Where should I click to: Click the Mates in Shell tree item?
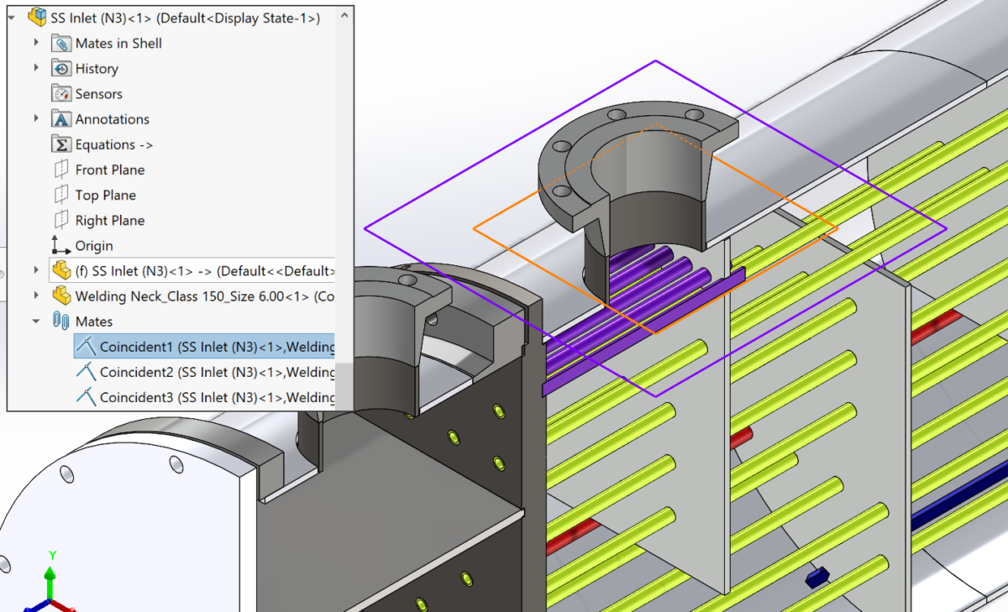click(x=118, y=44)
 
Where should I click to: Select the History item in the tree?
click(x=96, y=69)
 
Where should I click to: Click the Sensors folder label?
click(x=98, y=94)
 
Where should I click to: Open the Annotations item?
click(x=112, y=119)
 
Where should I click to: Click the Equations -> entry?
click(x=113, y=144)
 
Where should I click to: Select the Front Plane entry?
click(x=109, y=170)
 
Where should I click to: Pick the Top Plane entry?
click(x=105, y=195)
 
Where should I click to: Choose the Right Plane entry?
click(x=109, y=220)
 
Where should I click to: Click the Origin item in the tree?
click(x=93, y=246)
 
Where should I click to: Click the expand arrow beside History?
click(x=36, y=68)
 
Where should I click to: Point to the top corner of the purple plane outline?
click(x=655, y=61)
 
